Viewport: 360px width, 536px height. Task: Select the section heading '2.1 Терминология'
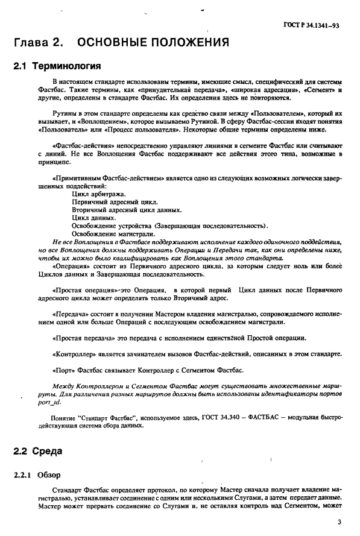point(56,65)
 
